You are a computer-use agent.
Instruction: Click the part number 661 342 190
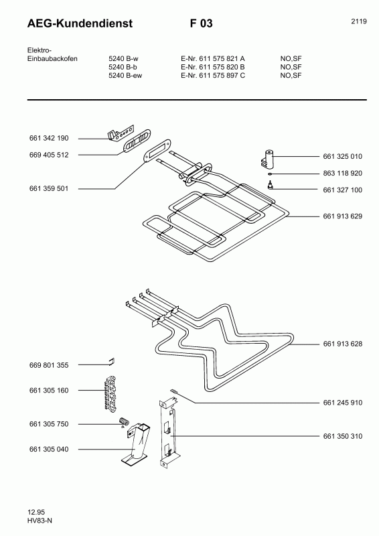[x=49, y=138]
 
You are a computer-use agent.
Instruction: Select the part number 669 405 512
[x=49, y=155]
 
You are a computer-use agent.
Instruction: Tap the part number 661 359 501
[x=49, y=188]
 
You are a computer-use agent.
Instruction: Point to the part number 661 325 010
[x=342, y=156]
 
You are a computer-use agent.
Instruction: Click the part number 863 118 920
[x=342, y=173]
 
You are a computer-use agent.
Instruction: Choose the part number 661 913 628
[x=342, y=344]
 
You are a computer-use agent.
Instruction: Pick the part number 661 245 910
[x=342, y=403]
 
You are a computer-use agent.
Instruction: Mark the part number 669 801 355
[x=49, y=365]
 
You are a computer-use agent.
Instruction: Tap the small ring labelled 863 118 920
[x=270, y=174]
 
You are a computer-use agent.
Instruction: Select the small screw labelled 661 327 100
[x=270, y=186]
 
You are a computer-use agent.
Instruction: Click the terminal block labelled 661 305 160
[x=110, y=393]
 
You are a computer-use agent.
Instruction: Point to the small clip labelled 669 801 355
[x=111, y=361]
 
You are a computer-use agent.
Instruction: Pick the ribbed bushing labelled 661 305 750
[x=123, y=421]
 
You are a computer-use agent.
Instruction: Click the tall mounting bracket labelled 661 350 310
[x=169, y=434]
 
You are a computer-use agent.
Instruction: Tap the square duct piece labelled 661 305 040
[x=136, y=444]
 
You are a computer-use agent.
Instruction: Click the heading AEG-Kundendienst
[x=80, y=23]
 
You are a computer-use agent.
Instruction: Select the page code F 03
[x=202, y=23]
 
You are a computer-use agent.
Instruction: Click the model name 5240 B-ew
[x=125, y=75]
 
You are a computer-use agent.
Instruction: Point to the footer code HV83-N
[x=40, y=521]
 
